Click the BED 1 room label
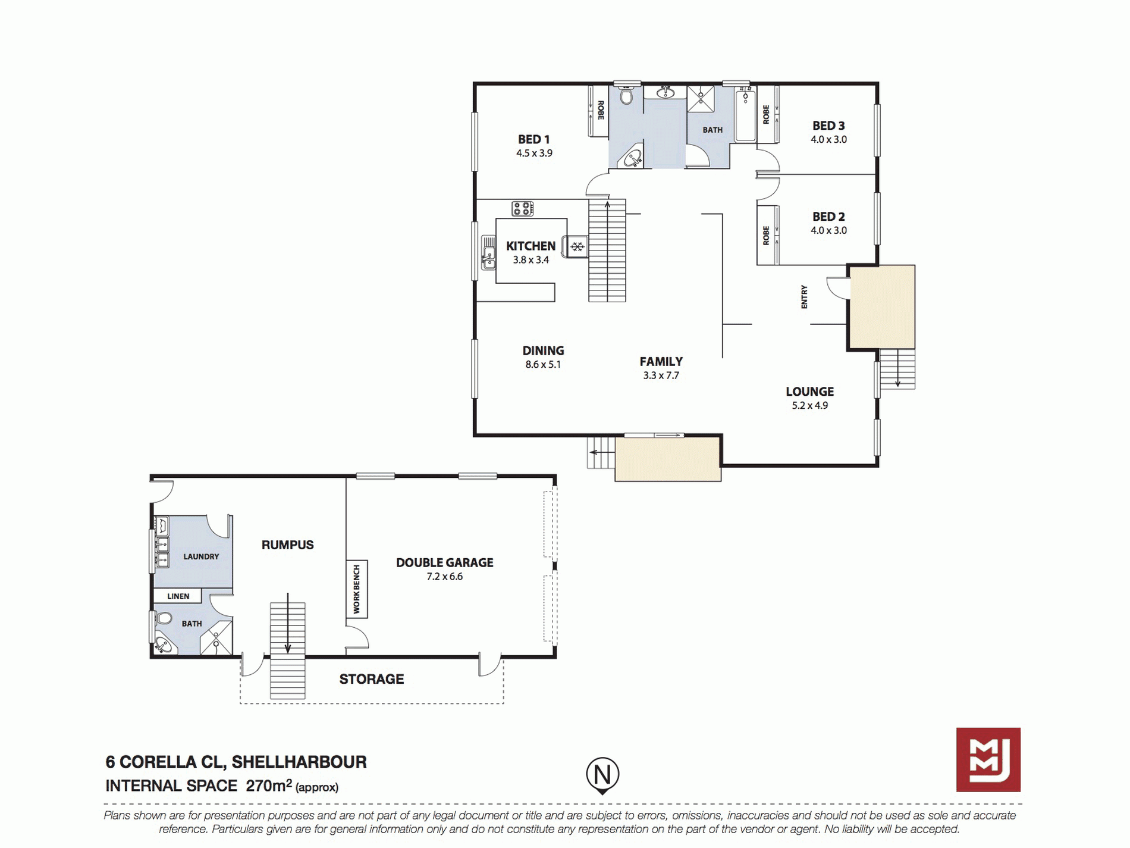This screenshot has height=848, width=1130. (x=533, y=139)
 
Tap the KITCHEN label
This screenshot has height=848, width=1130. (x=531, y=246)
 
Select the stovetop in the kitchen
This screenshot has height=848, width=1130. (x=523, y=209)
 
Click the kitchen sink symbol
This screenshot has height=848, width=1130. (x=488, y=252)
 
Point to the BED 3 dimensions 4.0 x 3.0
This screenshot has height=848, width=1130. (x=828, y=139)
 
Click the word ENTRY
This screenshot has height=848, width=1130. (x=804, y=297)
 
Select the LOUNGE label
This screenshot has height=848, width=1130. (x=809, y=392)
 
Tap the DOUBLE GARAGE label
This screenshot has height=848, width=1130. (x=444, y=562)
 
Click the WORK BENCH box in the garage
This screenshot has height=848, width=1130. (x=357, y=589)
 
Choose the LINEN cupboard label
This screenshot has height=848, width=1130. (x=178, y=596)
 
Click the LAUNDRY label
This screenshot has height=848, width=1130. (x=201, y=557)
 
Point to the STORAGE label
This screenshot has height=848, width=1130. (x=372, y=679)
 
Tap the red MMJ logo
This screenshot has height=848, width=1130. (x=988, y=759)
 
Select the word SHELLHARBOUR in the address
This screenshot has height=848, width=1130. (x=299, y=762)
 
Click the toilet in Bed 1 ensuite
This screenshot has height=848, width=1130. (x=626, y=95)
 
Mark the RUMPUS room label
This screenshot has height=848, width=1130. (x=287, y=545)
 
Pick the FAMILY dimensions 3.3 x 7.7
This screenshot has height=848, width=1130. (x=661, y=376)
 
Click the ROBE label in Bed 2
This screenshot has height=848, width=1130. (x=766, y=236)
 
